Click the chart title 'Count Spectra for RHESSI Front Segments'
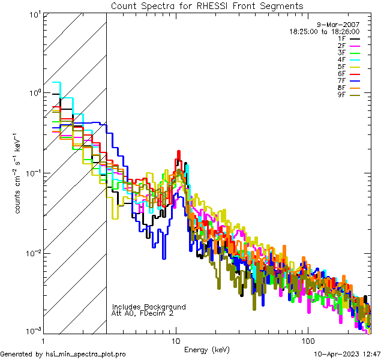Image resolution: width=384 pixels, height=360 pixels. coord(207,5)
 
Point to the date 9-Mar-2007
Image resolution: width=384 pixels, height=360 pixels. coord(338,25)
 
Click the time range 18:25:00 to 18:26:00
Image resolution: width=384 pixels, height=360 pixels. coord(324,31)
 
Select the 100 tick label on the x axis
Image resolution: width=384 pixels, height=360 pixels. coord(307,340)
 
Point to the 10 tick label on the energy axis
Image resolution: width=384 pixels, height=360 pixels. coord(176,340)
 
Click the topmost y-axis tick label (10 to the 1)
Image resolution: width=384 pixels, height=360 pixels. coord(34,13)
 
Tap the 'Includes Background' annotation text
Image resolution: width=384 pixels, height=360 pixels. coord(149,307)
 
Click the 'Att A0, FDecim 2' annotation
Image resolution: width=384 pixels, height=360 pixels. coord(143,314)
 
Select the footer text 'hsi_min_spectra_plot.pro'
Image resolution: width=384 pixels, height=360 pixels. coord(86,355)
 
